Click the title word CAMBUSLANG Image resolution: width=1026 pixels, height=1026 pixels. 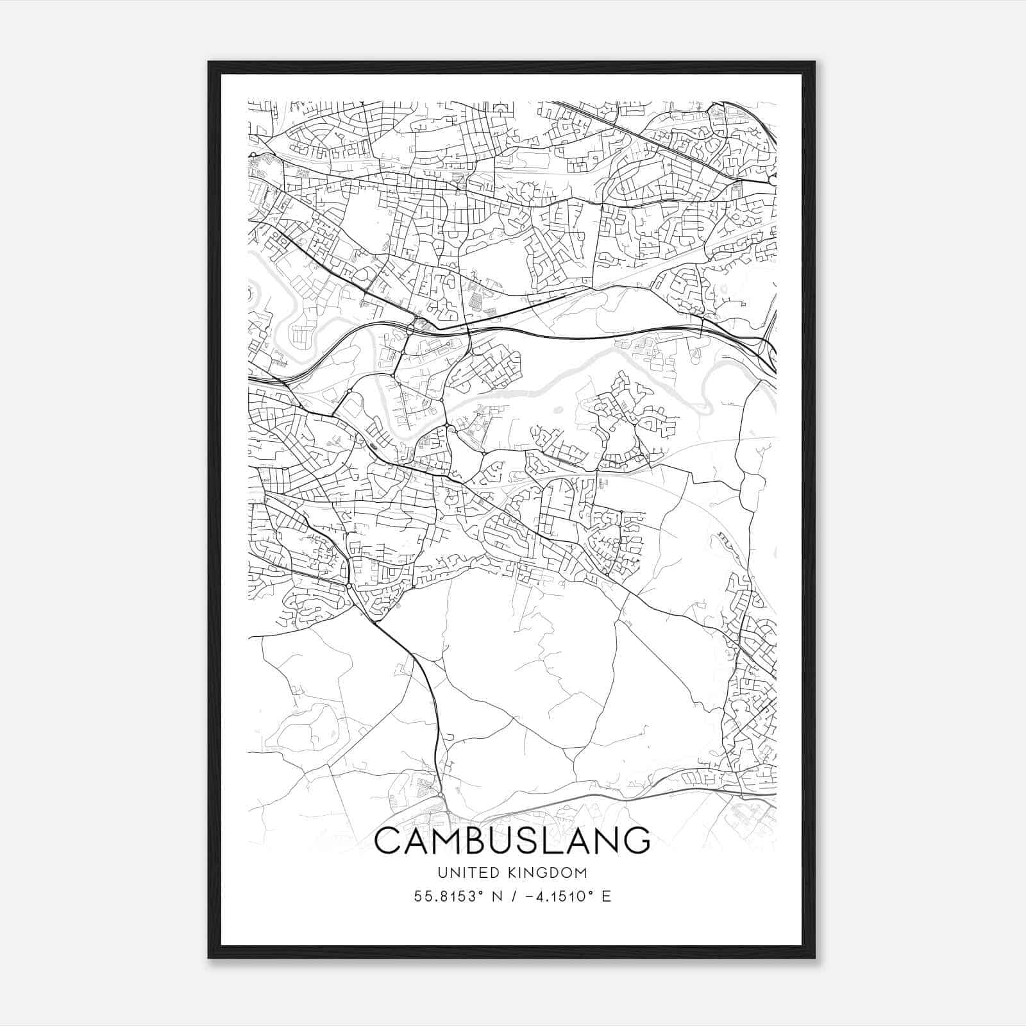pyautogui.click(x=512, y=841)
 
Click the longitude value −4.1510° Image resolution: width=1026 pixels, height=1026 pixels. pyautogui.click(x=555, y=896)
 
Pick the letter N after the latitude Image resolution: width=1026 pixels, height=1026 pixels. pyautogui.click(x=496, y=896)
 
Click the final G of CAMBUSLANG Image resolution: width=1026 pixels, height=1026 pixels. pyautogui.click(x=635, y=841)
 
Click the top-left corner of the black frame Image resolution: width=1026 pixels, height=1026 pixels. pyautogui.click(x=209, y=62)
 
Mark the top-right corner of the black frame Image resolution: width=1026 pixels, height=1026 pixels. pyautogui.click(x=814, y=62)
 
